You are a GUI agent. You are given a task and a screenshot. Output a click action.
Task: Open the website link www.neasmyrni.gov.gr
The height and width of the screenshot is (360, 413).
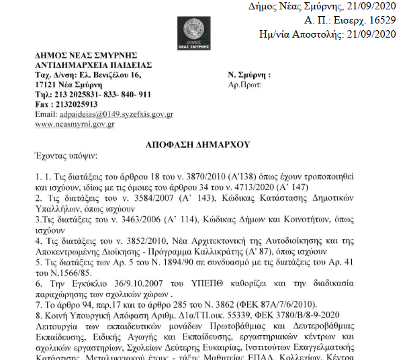click(75, 124)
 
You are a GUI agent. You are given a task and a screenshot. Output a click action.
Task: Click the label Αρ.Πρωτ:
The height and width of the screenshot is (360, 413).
click(247, 85)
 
